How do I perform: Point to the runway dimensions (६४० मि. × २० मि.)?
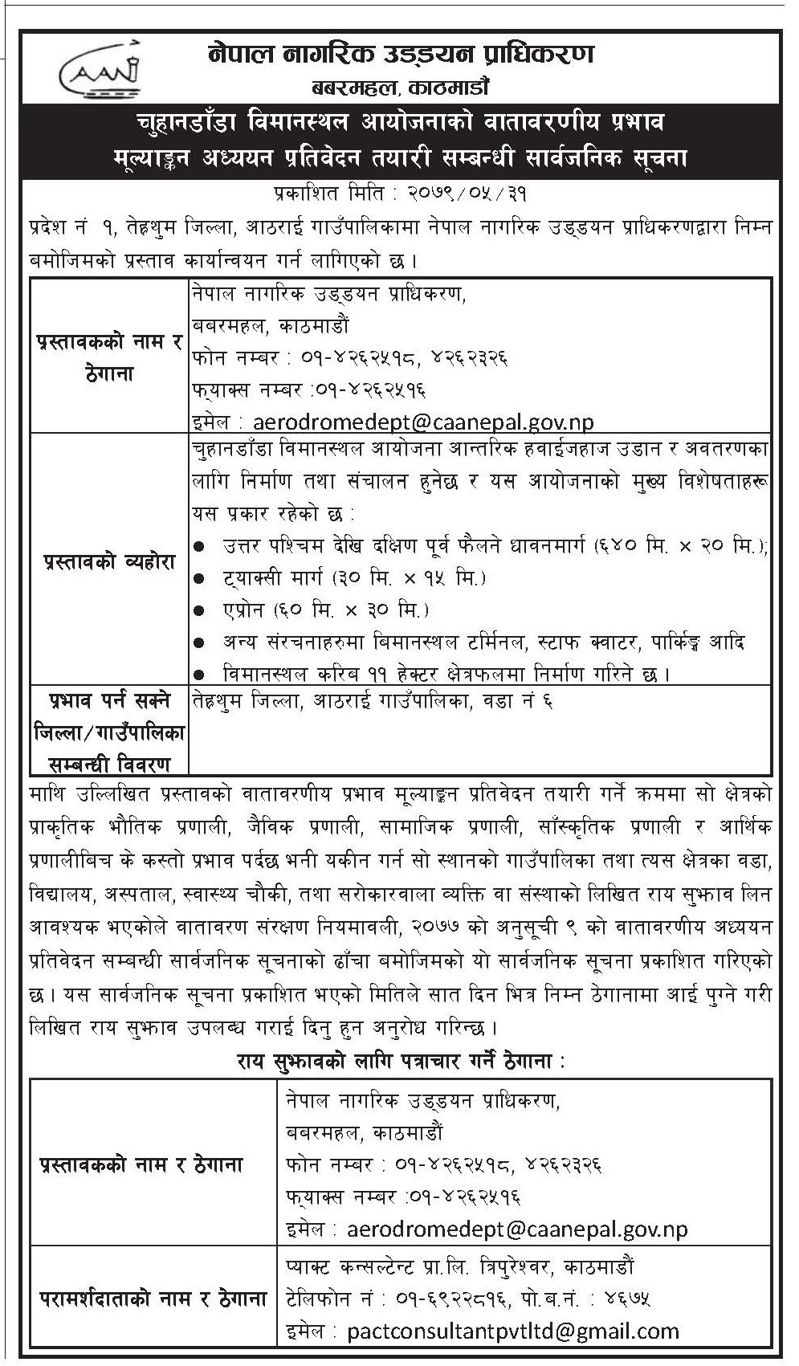coord(680,546)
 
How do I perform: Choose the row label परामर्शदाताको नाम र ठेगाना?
coord(153,1299)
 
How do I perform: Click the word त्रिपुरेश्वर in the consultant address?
coord(503,1267)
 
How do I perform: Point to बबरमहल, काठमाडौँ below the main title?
coord(400,86)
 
